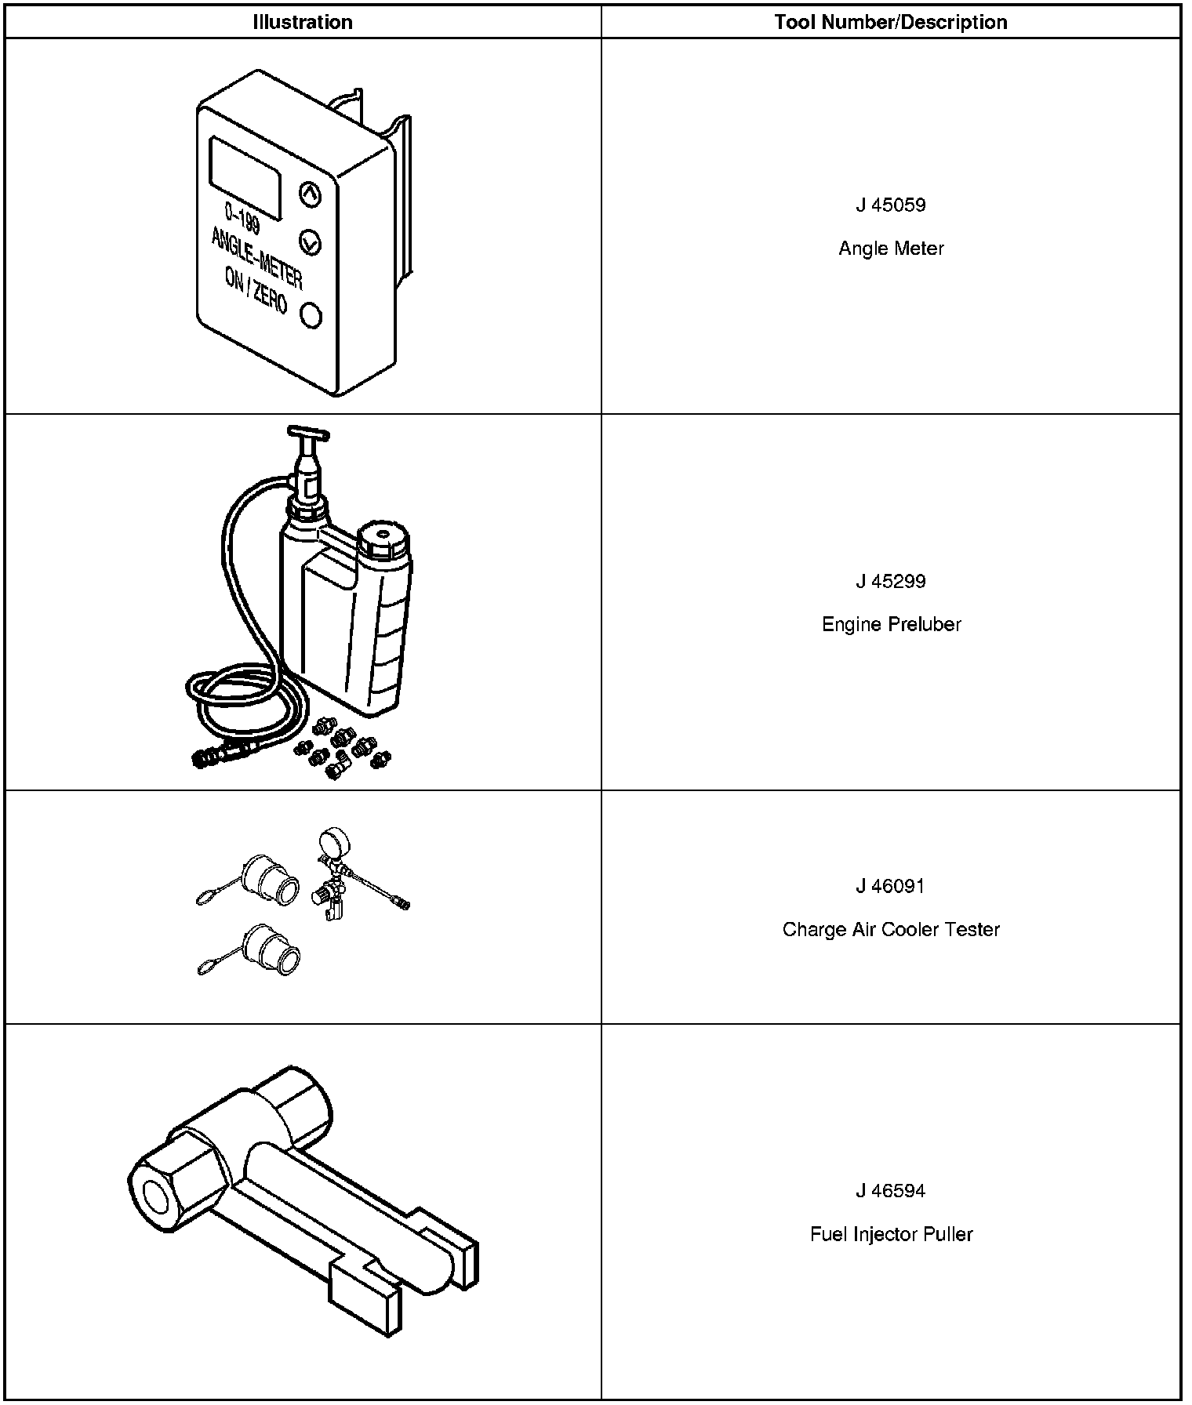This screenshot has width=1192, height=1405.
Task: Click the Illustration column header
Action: [302, 22]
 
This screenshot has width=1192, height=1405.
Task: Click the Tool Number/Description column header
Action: [891, 22]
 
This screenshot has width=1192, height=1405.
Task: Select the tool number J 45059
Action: [891, 205]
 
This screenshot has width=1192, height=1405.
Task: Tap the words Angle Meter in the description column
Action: [891, 249]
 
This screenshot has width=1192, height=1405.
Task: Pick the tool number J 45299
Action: [891, 582]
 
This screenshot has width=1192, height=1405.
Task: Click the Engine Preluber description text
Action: [891, 625]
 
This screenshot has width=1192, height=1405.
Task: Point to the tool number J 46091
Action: [891, 887]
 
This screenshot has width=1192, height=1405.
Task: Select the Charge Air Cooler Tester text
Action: [891, 930]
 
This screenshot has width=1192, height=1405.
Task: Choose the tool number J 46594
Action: [891, 1191]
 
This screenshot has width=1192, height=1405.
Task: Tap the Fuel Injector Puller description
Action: [891, 1234]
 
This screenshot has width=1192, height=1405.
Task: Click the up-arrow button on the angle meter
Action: [311, 194]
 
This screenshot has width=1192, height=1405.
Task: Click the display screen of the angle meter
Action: [245, 177]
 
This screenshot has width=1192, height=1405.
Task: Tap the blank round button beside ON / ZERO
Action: [311, 315]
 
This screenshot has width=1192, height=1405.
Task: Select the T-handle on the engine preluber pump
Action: [309, 433]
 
